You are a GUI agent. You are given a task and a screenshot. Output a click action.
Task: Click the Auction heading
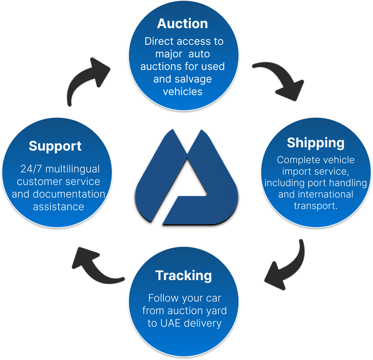pyautogui.click(x=183, y=24)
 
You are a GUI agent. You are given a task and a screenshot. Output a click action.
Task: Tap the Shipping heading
pyautogui.click(x=316, y=143)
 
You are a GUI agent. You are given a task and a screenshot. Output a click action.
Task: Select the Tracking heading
pyautogui.click(x=183, y=276)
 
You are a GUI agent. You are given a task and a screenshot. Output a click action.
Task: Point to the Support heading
pyautogui.click(x=55, y=146)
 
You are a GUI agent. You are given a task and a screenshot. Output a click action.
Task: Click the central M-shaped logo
pyautogui.click(x=186, y=178)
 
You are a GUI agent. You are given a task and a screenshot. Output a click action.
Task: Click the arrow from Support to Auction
pyautogui.click(x=87, y=80)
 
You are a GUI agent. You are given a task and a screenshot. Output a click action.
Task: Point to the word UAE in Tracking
pyautogui.click(x=170, y=323)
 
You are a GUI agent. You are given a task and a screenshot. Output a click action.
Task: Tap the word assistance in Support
pyautogui.click(x=59, y=206)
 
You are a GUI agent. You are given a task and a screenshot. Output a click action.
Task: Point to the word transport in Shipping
pyautogui.click(x=315, y=206)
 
